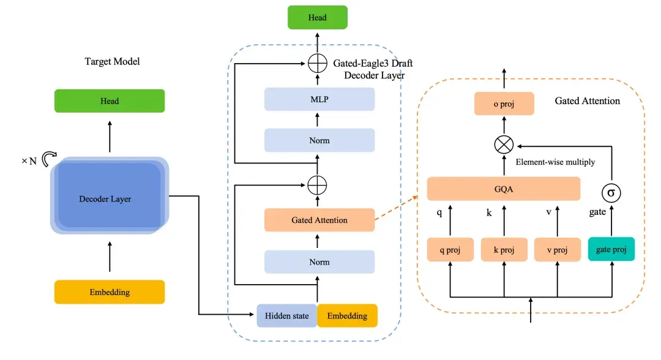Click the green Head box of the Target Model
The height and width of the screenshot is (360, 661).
tap(110, 101)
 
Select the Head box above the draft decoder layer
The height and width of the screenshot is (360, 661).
tap(318, 17)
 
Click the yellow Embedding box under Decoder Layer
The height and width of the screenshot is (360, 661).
tap(110, 291)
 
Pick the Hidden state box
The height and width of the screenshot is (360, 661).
tap(286, 316)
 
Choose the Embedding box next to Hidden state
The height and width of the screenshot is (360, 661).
tap(348, 316)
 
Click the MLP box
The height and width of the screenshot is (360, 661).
tap(319, 99)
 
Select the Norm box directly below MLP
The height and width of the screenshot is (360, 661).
tap(319, 140)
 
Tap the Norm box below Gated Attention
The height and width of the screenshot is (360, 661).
tap(319, 262)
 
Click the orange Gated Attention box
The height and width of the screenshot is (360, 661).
tap(319, 220)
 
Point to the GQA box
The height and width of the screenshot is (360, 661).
tap(504, 189)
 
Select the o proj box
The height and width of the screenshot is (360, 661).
tap(504, 103)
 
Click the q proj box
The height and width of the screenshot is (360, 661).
tap(450, 250)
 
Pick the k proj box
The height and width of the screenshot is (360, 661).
tap(504, 250)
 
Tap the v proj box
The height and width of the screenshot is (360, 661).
tap(558, 250)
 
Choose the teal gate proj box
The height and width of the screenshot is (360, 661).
tap(611, 249)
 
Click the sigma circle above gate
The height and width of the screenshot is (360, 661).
tap(611, 193)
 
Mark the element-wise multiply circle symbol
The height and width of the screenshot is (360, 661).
tap(504, 144)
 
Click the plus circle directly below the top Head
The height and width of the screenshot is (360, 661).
tap(318, 64)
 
